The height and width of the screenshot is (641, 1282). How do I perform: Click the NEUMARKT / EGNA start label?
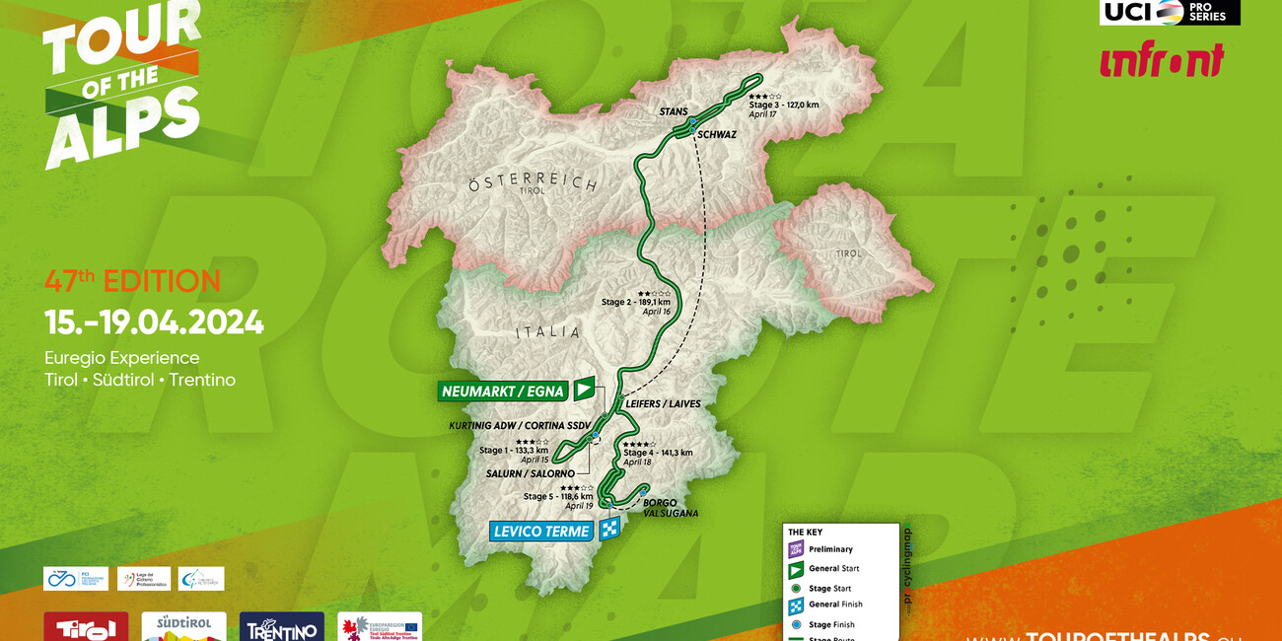click(x=503, y=392)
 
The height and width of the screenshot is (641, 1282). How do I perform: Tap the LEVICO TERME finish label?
click(x=542, y=532)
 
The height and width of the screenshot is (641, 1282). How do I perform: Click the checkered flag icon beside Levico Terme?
click(x=609, y=530)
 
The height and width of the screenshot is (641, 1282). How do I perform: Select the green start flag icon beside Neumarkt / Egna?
click(x=585, y=390)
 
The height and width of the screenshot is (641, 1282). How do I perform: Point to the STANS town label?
click(x=674, y=112)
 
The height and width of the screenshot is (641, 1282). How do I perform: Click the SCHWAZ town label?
click(x=717, y=135)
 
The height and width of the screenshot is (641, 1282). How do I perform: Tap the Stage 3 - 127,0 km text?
click(x=784, y=105)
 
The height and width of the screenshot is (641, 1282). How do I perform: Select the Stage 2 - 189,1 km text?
click(x=636, y=302)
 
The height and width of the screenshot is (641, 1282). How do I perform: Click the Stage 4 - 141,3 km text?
click(x=658, y=453)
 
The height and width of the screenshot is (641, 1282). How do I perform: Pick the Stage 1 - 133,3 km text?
click(x=514, y=451)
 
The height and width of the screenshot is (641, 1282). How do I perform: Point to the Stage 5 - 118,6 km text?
click(x=558, y=497)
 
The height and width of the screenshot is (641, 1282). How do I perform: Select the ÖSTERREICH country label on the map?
click(x=533, y=183)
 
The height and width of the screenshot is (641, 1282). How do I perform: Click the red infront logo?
click(x=1162, y=60)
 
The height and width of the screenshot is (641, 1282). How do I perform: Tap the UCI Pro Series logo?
click(x=1170, y=12)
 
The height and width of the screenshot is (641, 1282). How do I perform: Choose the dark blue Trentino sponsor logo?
click(x=281, y=627)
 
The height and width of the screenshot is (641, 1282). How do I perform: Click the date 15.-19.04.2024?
click(x=154, y=322)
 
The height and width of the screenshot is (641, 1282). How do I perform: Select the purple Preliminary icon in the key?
click(x=796, y=549)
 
